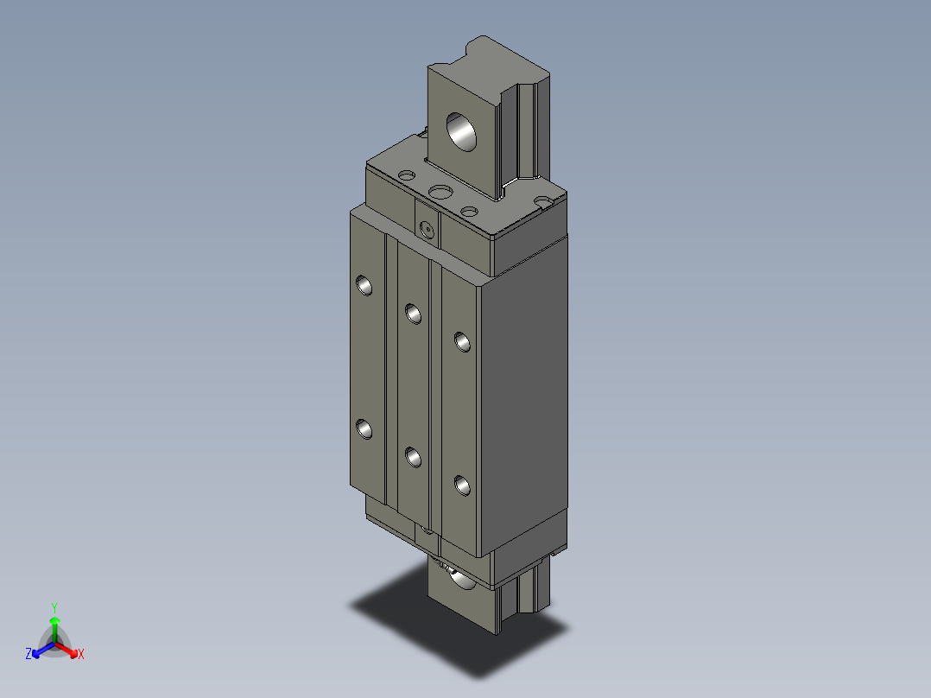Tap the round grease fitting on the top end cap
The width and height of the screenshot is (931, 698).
coord(425,229)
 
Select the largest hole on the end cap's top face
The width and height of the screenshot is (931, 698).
coord(440,191)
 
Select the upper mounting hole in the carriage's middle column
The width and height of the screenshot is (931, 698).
coord(413,312)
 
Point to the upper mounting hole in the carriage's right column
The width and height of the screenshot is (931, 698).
coord(463,342)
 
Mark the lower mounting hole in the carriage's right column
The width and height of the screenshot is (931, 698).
coord(463,486)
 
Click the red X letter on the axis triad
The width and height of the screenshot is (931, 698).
coord(81,655)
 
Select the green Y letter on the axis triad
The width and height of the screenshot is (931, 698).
coord(54,607)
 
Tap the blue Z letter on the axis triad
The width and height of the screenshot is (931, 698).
coord(28,655)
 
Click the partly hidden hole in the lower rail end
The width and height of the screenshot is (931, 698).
coord(458,576)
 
